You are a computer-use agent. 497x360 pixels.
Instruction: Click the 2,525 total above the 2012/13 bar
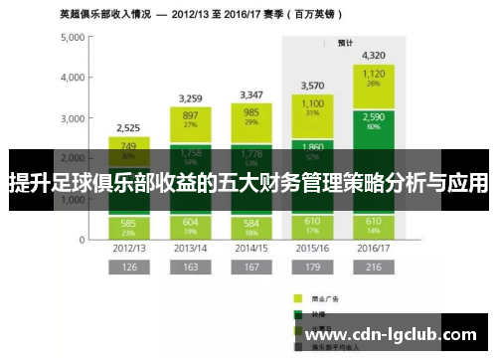[127, 128]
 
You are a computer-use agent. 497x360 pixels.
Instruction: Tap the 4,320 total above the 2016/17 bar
[374, 56]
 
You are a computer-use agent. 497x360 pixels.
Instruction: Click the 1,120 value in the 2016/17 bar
[374, 74]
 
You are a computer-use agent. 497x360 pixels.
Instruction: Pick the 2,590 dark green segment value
[374, 117]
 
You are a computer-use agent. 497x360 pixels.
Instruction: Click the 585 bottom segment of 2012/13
[127, 222]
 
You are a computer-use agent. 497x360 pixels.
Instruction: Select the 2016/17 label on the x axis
[374, 246]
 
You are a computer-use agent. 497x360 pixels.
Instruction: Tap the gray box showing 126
[127, 267]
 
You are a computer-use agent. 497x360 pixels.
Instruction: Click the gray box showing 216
[374, 267]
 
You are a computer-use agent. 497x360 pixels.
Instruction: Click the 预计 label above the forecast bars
[345, 43]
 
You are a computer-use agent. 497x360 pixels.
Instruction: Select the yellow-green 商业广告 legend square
[298, 297]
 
